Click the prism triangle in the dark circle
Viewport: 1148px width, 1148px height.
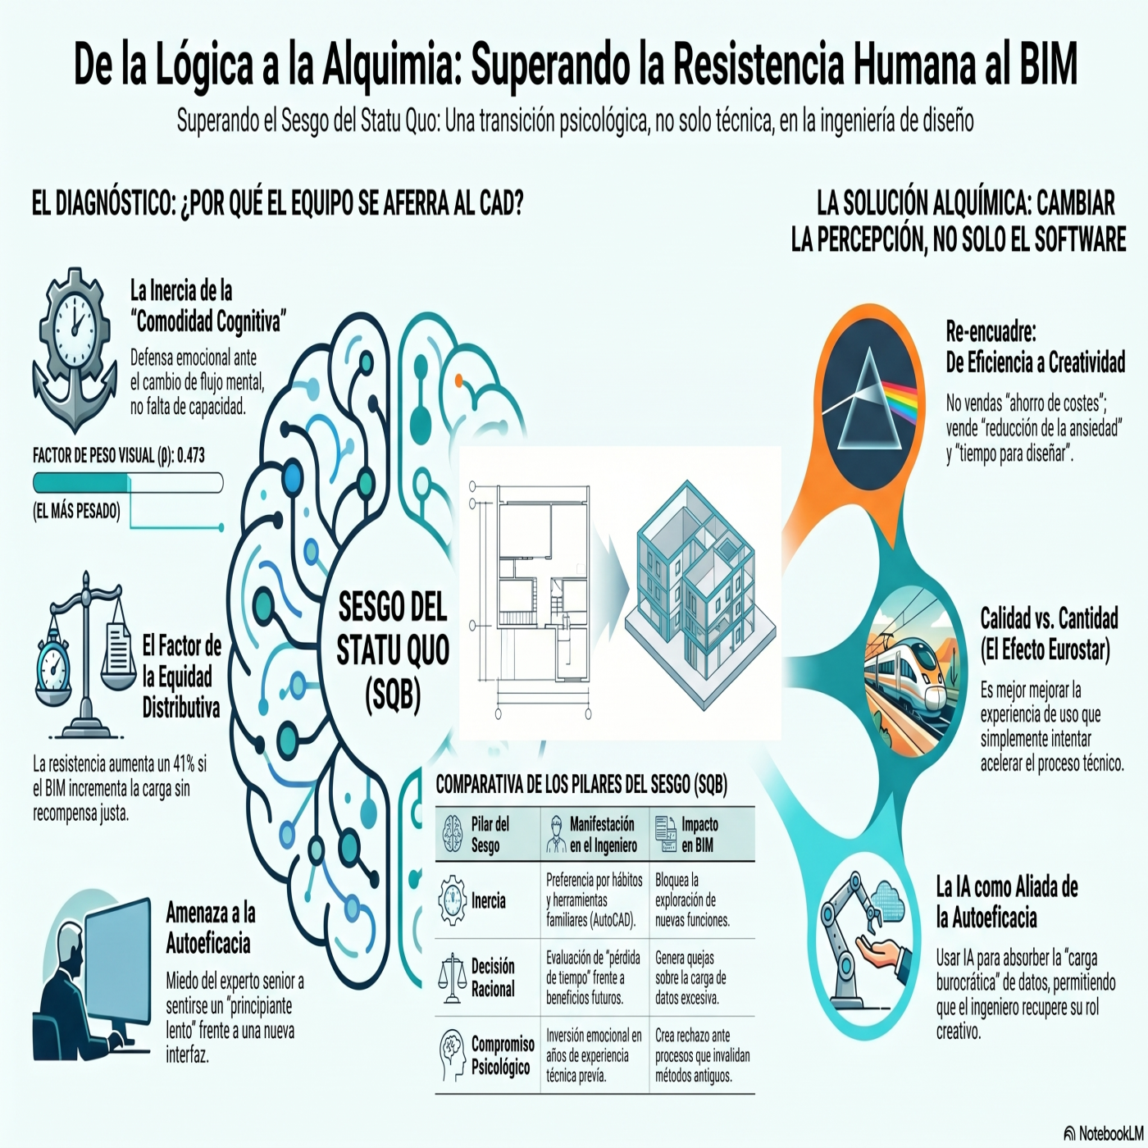click(869, 399)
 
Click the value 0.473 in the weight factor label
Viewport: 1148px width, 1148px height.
click(190, 456)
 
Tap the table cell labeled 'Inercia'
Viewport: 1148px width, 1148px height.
click(488, 900)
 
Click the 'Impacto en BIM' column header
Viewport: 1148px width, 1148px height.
click(699, 835)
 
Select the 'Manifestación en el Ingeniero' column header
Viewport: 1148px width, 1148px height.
click(603, 835)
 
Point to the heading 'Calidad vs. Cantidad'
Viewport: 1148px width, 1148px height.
click(1049, 618)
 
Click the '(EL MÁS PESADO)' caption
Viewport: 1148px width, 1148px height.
click(76, 511)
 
